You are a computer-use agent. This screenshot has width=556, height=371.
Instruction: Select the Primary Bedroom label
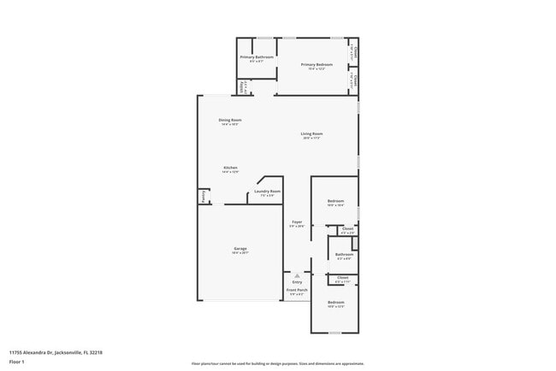(316, 64)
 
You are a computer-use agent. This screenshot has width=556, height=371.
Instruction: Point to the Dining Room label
(229, 120)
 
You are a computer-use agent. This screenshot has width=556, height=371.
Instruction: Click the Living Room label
(311, 133)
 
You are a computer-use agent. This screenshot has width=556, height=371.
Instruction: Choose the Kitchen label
(230, 168)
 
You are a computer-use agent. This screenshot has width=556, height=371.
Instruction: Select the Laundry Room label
(268, 191)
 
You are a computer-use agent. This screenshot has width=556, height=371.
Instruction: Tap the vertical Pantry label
(203, 196)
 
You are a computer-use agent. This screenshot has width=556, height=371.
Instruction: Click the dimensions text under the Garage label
(240, 252)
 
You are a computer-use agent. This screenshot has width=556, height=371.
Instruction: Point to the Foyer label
(297, 221)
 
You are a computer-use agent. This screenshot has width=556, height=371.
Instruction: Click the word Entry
(297, 281)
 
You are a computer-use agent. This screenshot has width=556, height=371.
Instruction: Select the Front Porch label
(297, 290)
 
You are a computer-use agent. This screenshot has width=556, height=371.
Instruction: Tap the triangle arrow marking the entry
(297, 275)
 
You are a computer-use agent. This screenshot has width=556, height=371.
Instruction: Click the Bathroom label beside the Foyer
(345, 254)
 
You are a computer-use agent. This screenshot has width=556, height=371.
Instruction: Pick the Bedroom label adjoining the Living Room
(335, 201)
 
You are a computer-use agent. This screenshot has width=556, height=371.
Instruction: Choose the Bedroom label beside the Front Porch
(335, 303)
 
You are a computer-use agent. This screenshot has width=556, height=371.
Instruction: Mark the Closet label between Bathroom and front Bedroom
(342, 277)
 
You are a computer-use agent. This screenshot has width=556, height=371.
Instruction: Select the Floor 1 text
(16, 362)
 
